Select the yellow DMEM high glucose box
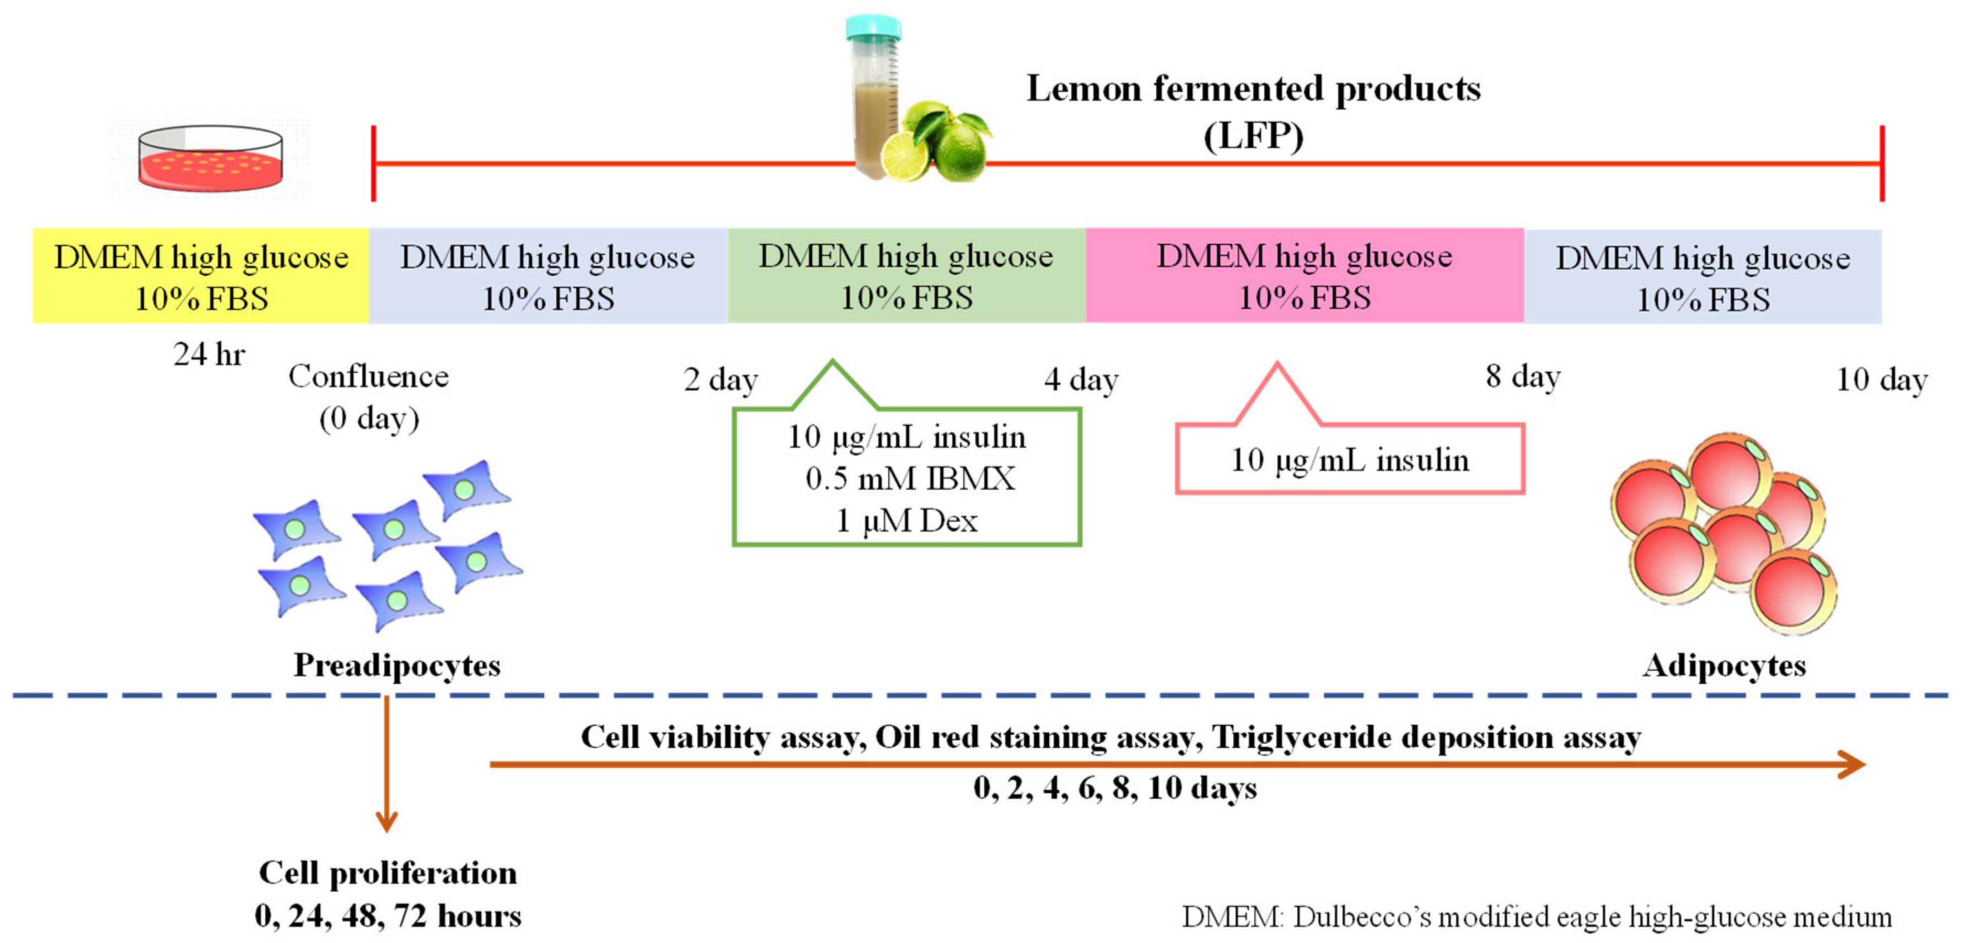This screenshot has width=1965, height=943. coord(201,276)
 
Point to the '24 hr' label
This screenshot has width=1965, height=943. coord(209,355)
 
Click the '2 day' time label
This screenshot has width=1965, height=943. coord(720,379)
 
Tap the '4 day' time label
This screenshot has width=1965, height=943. coord(1081,379)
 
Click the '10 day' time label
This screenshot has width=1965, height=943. coord(1881,379)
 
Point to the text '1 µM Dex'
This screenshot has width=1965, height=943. coord(907,521)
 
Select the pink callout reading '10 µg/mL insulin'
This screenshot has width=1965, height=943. coord(1349,460)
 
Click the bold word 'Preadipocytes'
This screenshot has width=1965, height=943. coord(396,665)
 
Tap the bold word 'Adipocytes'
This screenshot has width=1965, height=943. coord(1724,665)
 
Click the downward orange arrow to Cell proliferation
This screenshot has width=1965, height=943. coord(386,763)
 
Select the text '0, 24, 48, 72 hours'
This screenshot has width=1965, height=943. coord(388,915)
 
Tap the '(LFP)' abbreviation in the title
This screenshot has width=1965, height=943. coord(1253,136)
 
